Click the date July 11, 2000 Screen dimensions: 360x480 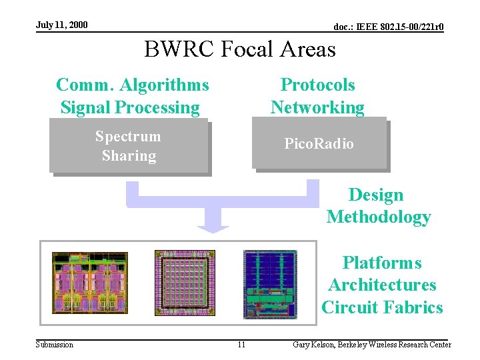pyautogui.click(x=61, y=25)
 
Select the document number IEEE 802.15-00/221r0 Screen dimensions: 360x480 pyautogui.click(x=389, y=27)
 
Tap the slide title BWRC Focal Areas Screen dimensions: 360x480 pyautogui.click(x=240, y=49)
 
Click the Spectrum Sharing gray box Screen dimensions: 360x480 pyautogui.click(x=129, y=146)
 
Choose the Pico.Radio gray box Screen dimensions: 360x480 pyautogui.click(x=319, y=143)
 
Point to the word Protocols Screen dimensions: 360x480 pyautogui.click(x=318, y=85)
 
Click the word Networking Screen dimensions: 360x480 pyautogui.click(x=317, y=107)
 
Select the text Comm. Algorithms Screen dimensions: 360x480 pyautogui.click(x=132, y=85)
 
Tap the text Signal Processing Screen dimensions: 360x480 pyautogui.click(x=130, y=107)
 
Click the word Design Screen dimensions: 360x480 pyautogui.click(x=376, y=195)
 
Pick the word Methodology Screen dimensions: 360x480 pyautogui.click(x=379, y=217)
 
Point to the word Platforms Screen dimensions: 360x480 pyautogui.click(x=382, y=263)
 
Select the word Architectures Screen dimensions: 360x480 pyautogui.click(x=382, y=285)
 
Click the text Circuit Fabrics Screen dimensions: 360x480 pyautogui.click(x=382, y=307)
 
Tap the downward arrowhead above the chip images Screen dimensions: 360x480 pyautogui.click(x=213, y=223)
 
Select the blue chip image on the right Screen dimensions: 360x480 pyautogui.click(x=270, y=283)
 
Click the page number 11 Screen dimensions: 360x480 pyautogui.click(x=241, y=345)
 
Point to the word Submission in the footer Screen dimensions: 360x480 pyautogui.click(x=55, y=345)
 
